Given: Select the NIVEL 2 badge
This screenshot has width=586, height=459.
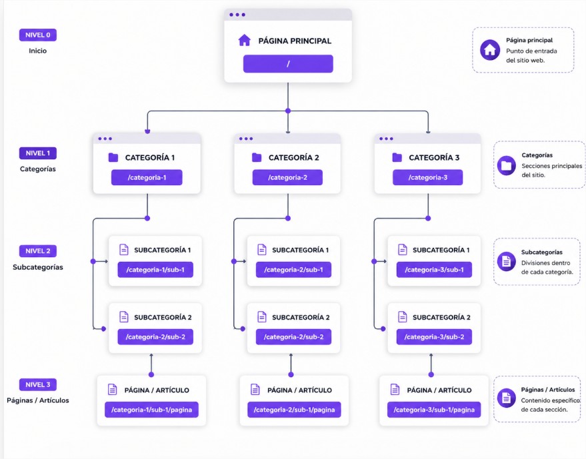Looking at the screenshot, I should pos(37,251).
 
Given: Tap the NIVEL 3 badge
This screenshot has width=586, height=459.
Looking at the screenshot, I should pos(37,384).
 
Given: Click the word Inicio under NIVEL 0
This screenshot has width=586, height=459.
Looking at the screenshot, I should pos(37,51).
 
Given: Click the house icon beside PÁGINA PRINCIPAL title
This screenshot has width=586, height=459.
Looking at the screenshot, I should pos(244,41).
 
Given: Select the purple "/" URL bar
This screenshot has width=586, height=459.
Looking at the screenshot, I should pos(288,64).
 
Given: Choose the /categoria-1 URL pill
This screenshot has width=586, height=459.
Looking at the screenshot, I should pos(147,177).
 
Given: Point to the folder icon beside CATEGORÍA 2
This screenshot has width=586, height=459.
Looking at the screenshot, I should pos(257,158).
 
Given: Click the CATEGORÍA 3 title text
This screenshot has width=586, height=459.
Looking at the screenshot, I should pos(434,158).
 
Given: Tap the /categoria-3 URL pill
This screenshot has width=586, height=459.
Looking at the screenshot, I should pos(427,177).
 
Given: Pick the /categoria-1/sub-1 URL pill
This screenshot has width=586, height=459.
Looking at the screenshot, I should pos(155,270).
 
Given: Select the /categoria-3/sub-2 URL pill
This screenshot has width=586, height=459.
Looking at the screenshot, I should pos(434,337).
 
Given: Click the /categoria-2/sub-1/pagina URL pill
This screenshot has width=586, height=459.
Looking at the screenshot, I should pos(294,410).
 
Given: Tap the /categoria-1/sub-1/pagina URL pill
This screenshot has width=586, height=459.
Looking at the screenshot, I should pos(151,410).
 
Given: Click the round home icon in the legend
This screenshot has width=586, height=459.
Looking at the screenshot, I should pos(490,50).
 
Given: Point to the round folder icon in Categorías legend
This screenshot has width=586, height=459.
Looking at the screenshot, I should pos(506,165).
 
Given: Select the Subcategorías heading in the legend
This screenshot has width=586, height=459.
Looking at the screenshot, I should pos(541,252).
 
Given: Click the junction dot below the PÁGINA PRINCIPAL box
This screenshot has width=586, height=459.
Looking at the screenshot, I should pos(288,111).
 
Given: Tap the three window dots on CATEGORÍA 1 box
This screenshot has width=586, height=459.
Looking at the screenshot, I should pos(105,139).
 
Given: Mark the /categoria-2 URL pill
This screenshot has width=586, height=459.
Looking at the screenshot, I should pos(287,177).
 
